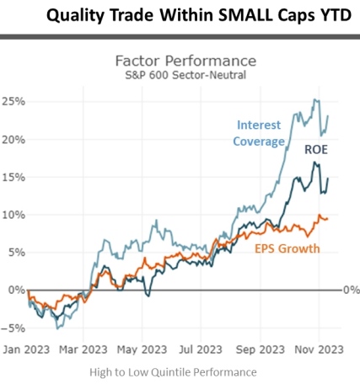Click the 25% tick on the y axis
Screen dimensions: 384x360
tap(13, 102)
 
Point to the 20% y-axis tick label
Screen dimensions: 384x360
tap(13, 140)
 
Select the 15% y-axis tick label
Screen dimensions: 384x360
tap(13, 177)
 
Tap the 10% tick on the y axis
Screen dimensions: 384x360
tap(13, 214)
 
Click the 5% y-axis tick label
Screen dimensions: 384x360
tap(14, 252)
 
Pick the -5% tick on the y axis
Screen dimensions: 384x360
tap(13, 327)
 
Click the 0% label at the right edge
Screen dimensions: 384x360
tap(352, 289)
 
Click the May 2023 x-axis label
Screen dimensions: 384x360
tap(142, 349)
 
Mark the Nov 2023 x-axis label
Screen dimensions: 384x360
tap(319, 349)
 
